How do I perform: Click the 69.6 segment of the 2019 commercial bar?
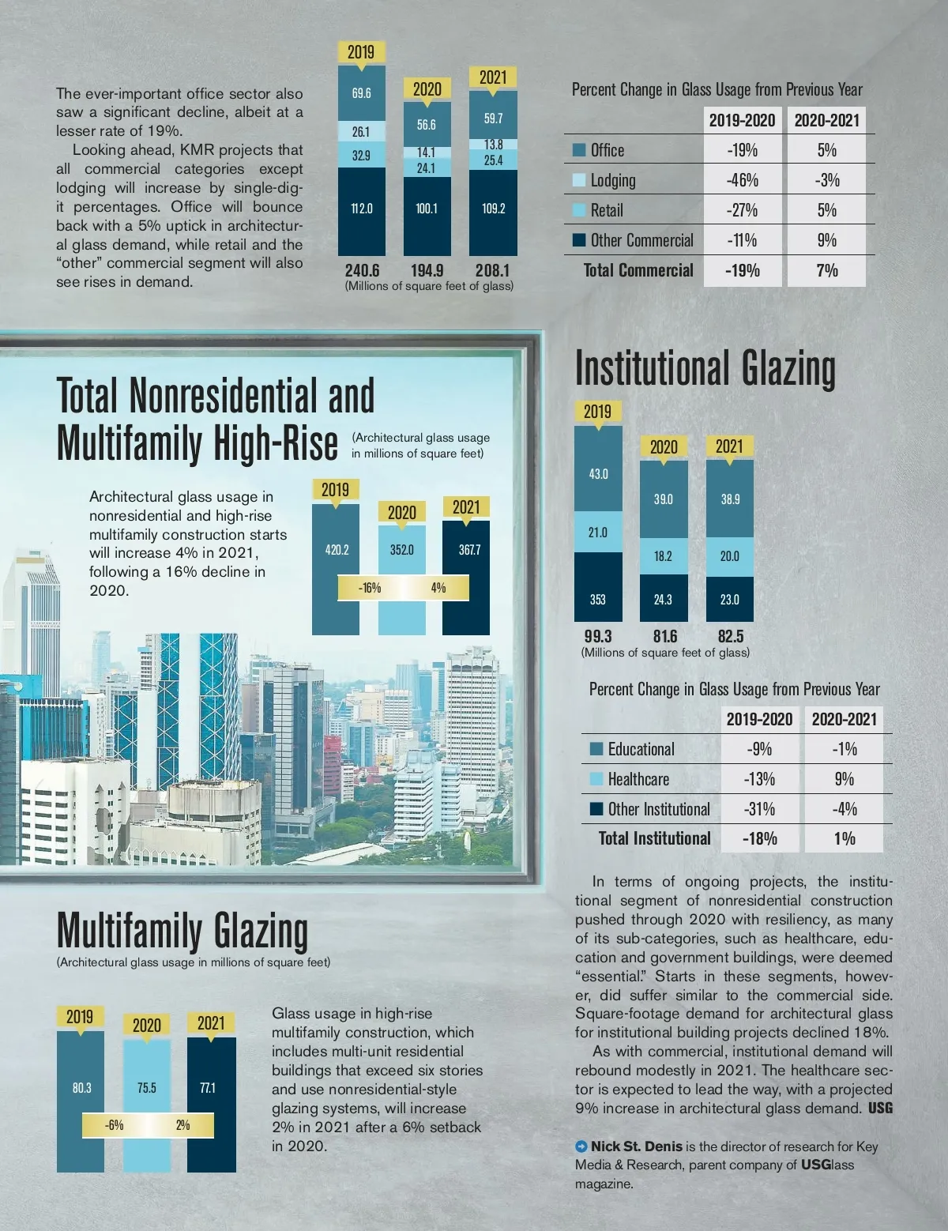coord(361,93)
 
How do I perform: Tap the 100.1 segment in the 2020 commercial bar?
coord(427,209)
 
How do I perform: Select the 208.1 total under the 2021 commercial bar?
coord(492,270)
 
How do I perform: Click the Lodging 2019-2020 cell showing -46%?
coord(742,180)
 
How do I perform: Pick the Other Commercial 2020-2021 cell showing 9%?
coord(826,240)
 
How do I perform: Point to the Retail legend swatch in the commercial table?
coord(579,210)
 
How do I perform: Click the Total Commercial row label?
coord(638,270)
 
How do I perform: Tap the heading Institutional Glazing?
coord(705,369)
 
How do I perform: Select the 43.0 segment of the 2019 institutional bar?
coord(598,474)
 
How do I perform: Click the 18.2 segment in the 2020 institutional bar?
coord(664,556)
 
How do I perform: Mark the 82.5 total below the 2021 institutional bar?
coord(730,636)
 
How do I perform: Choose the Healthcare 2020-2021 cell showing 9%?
coord(844,779)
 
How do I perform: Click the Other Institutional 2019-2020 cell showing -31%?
coord(759,809)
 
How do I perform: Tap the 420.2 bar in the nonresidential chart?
coord(337,550)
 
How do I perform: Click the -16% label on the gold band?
coord(369,588)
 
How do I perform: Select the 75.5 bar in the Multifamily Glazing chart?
coord(147,1088)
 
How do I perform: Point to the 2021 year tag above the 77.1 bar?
coord(211,1023)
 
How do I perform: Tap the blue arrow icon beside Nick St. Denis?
coord(581,1146)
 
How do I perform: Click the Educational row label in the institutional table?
coord(641,749)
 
